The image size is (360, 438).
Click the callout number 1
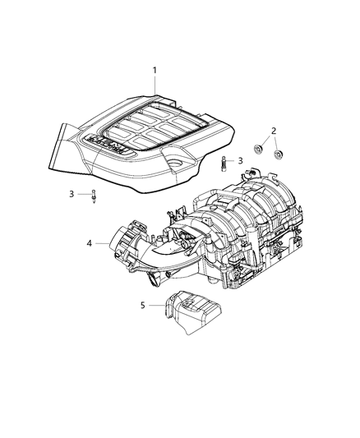154,71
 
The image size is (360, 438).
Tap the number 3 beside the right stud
240,161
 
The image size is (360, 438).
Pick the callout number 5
143,305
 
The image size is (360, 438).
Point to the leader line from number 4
103,243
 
